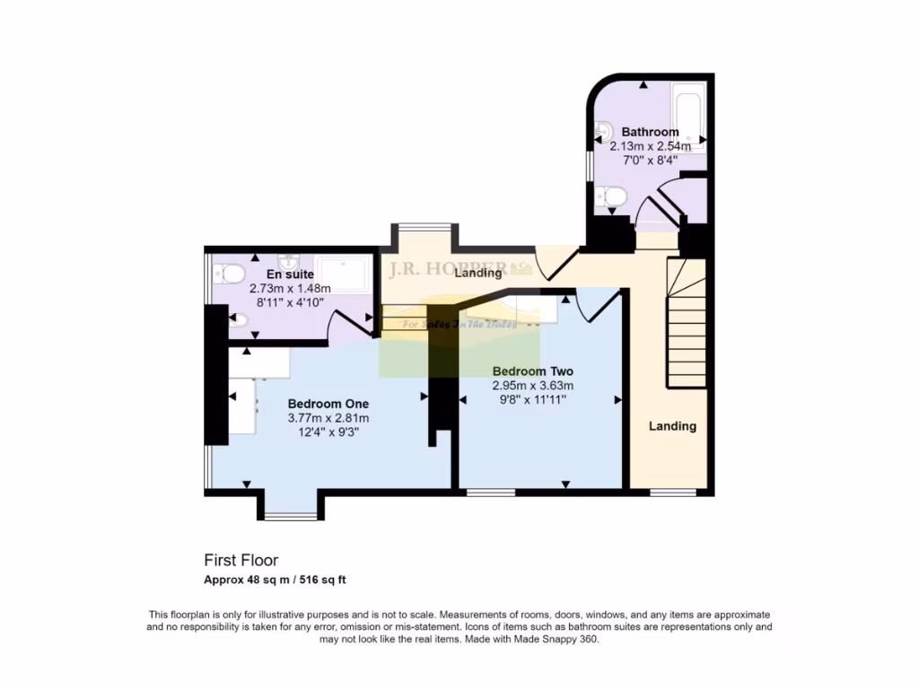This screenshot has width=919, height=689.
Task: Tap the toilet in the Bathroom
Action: tap(615, 194)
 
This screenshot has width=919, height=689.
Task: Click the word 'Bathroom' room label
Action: tap(650, 132)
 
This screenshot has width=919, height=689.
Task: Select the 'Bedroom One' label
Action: tap(328, 404)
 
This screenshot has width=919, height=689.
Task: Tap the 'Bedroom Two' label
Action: tap(533, 371)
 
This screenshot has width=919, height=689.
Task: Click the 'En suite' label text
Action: tap(289, 275)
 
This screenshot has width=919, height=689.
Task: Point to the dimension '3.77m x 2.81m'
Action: tap(328, 418)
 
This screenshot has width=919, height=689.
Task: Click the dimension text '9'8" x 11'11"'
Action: tap(533, 400)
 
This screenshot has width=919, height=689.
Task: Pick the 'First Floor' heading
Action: tap(234, 561)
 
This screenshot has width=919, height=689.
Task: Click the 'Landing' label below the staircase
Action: tap(672, 426)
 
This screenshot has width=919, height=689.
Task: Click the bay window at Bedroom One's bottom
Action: tap(290, 515)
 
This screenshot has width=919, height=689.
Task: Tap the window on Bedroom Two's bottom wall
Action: tap(490, 492)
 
